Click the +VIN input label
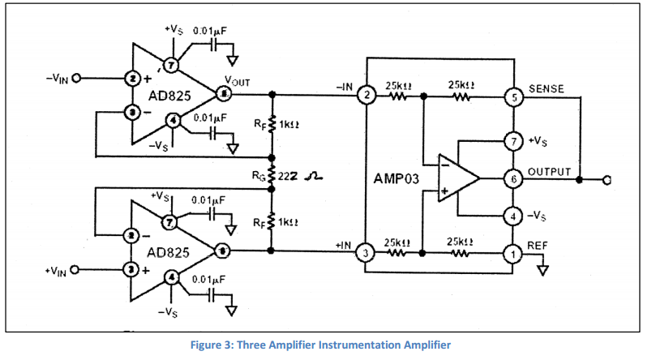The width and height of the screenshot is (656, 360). (x=58, y=269)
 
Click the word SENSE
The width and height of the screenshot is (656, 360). (x=546, y=88)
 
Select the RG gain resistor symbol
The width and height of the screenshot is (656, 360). (x=272, y=175)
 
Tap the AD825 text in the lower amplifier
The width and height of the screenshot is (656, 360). (x=169, y=251)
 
